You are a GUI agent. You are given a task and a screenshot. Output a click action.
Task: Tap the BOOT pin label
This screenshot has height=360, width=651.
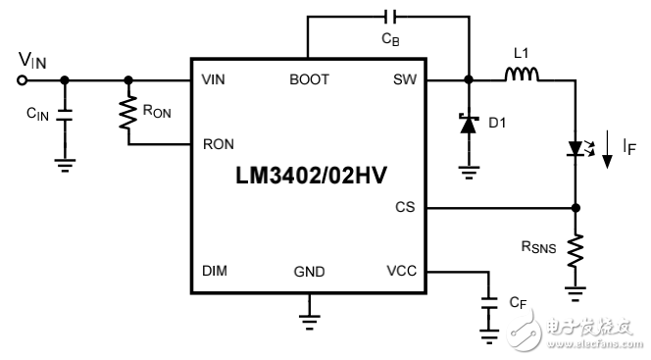tap(309, 79)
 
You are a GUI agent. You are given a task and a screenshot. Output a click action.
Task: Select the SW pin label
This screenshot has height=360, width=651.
tap(405, 79)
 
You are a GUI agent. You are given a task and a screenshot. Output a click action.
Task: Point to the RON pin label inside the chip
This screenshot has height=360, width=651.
tap(218, 144)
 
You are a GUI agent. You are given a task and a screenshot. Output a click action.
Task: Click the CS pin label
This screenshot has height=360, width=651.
tap(406, 207)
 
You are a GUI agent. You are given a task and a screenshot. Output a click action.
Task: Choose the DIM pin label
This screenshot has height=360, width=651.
tap(215, 272)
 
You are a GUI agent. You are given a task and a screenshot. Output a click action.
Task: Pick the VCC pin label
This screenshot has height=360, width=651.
tap(402, 272)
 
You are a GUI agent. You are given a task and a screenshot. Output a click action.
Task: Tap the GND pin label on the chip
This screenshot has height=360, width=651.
tap(309, 272)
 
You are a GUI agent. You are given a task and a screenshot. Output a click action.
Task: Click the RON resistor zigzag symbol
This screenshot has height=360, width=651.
tap(127, 114)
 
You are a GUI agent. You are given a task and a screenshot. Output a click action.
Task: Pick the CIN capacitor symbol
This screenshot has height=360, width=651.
tap(65, 116)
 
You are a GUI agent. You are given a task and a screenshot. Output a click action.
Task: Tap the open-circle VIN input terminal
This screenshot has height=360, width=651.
tap(24, 79)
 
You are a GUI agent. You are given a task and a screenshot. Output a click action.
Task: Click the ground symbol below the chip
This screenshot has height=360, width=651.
tap(309, 318)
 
